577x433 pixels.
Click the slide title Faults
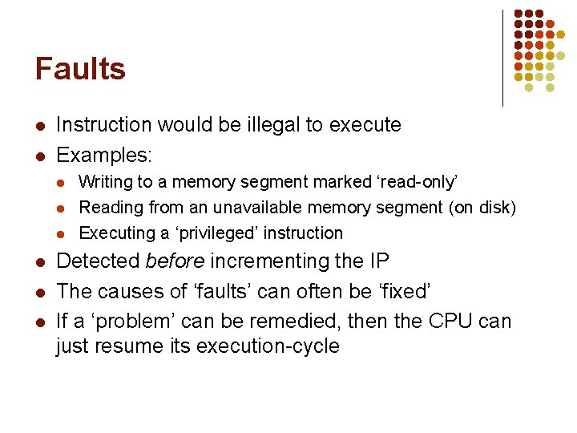coord(80,69)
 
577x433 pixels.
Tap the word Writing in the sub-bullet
coord(107,182)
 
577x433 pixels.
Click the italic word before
coord(175,261)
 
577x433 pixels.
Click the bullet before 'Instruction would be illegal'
coord(39,126)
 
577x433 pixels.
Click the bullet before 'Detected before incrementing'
coord(39,262)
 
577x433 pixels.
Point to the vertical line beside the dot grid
coord(502,58)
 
